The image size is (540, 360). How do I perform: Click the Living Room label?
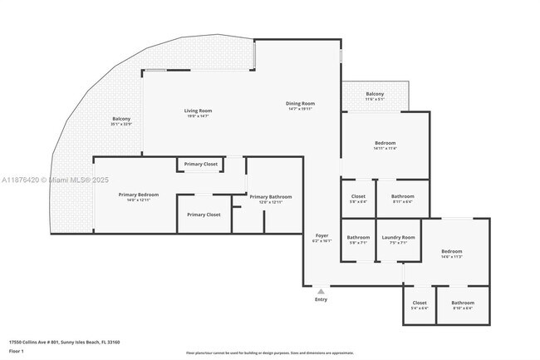coord(198,111)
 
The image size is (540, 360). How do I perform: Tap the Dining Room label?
coord(301,104)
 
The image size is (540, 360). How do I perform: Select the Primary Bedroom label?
coord(138,195)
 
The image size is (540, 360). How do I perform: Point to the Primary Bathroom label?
coord(271,197)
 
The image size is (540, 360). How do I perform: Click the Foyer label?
coord(322,236)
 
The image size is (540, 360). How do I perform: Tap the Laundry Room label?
coord(399,237)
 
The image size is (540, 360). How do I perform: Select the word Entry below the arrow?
coord(322,299)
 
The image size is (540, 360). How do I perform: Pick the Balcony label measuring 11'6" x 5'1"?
coord(375,94)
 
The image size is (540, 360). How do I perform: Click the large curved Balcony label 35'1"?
coord(121,119)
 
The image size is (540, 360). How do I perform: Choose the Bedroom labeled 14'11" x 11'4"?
coord(385,142)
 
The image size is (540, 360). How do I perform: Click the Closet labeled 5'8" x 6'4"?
coord(359,196)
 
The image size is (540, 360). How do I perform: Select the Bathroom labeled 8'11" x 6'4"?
coord(403,196)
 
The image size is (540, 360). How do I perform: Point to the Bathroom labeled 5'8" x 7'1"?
coord(358,237)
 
